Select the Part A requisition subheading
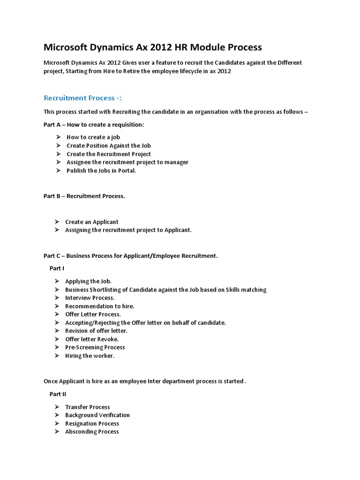94,124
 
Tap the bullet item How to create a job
93,137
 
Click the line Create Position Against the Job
109,146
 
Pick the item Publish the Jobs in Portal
101,171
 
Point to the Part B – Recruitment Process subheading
84,196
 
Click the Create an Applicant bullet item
92,222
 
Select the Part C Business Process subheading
131,256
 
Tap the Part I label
57,268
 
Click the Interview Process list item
90,298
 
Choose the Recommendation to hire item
100,306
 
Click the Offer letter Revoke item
92,339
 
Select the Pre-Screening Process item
95,347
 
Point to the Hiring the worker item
90,356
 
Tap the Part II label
58,394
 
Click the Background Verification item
97,415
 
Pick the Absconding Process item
92,432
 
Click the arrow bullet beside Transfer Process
56,407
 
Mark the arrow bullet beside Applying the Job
56,281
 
